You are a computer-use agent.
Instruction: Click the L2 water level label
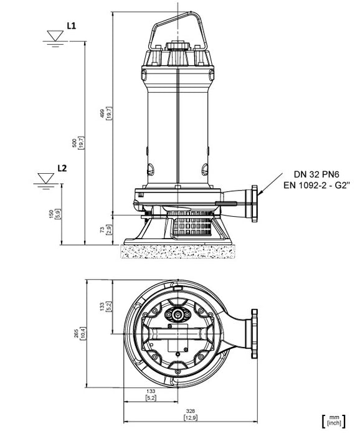62,168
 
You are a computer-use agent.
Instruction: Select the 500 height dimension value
74,143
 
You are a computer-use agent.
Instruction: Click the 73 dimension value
102,230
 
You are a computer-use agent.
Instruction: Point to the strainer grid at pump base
191,223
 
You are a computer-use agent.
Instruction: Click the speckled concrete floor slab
177,251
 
